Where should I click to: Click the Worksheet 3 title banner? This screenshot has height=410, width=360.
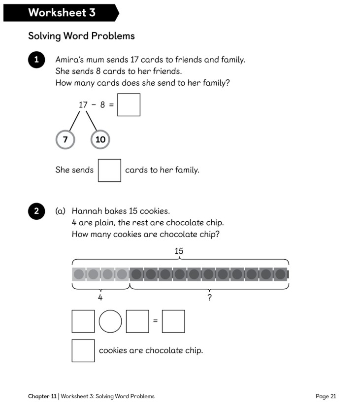61,13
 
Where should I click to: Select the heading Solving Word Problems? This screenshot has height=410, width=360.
81,36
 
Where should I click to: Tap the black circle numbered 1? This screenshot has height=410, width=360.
36,60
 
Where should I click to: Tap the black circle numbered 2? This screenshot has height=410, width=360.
36,211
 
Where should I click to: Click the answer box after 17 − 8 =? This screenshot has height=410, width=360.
129,104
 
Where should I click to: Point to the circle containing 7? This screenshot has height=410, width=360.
65,139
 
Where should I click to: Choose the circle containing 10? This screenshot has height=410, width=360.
100,139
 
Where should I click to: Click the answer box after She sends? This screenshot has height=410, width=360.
109,170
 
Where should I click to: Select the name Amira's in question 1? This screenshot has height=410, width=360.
70,60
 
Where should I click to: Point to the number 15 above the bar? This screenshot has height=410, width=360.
179,251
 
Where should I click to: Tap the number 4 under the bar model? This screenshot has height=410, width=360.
100,298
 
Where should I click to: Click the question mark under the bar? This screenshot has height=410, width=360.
209,298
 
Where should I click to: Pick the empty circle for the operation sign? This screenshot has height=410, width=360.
110,321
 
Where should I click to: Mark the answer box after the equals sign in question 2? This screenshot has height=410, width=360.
173,321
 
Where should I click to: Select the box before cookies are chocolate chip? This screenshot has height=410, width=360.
83,350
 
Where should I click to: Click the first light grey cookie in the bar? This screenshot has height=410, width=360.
79,274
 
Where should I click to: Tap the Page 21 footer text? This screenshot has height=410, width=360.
326,396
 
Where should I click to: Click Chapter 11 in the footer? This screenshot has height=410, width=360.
42,396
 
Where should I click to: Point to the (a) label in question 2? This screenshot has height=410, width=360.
61,211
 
